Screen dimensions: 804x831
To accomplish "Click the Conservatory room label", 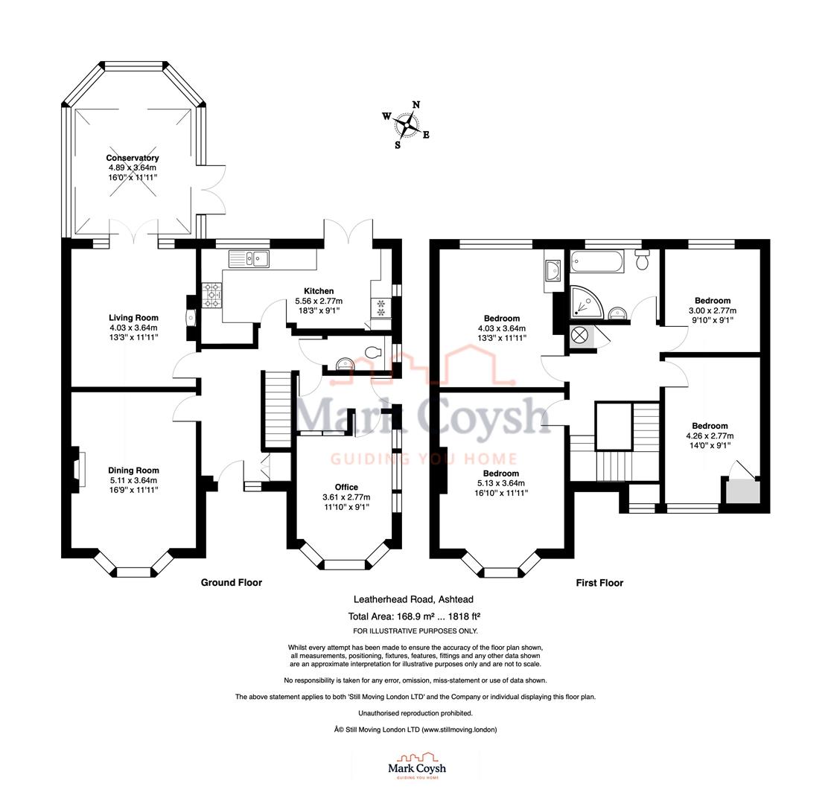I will tap(133, 158).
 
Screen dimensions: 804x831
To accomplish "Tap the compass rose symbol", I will tap(407, 125).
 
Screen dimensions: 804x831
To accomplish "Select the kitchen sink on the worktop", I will tap(249, 258).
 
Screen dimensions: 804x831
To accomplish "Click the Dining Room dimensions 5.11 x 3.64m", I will tap(133, 480).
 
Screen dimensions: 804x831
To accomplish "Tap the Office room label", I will tap(346, 488).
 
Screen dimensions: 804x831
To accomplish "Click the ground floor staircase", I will tap(277, 409).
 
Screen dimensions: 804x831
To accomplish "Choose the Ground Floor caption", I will tap(231, 583).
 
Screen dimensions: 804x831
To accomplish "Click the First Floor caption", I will tap(599, 583).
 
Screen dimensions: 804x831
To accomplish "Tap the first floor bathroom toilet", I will tap(643, 261).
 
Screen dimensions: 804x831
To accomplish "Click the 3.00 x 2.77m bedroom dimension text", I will tap(711, 310).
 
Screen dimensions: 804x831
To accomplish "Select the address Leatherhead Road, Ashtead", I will tap(413, 599).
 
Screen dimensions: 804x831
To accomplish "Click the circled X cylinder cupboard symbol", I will tap(581, 335).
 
